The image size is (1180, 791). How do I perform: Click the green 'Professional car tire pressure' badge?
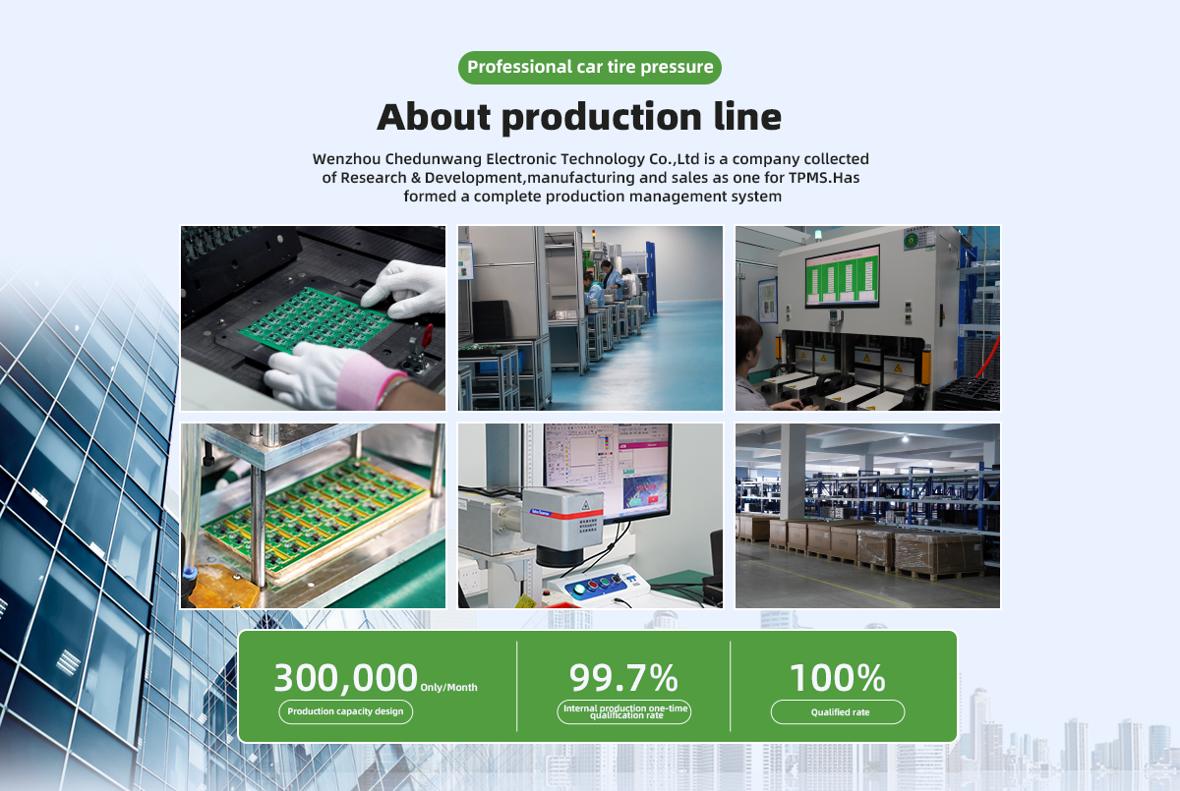(589, 68)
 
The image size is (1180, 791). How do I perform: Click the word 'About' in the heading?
(434, 117)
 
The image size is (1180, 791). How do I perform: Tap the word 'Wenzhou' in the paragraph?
(346, 159)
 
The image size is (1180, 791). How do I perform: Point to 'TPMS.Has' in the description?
(824, 178)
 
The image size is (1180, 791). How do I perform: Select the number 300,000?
(345, 678)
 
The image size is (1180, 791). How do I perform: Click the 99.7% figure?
(623, 678)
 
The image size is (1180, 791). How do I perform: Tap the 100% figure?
(838, 678)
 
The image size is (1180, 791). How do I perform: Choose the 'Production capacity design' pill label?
(345, 711)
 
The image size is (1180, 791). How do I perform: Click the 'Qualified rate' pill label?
(838, 712)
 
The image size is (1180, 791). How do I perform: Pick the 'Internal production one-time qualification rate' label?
(624, 712)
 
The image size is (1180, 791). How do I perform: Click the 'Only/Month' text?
(448, 687)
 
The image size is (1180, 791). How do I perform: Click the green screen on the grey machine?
(843, 276)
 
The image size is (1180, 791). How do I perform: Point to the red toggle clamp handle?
(427, 336)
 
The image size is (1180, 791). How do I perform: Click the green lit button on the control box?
(579, 589)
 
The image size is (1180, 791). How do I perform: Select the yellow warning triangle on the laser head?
(585, 506)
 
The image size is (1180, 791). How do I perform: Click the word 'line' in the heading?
(747, 117)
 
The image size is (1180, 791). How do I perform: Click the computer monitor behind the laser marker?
(608, 471)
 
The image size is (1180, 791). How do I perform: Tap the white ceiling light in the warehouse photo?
(905, 438)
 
